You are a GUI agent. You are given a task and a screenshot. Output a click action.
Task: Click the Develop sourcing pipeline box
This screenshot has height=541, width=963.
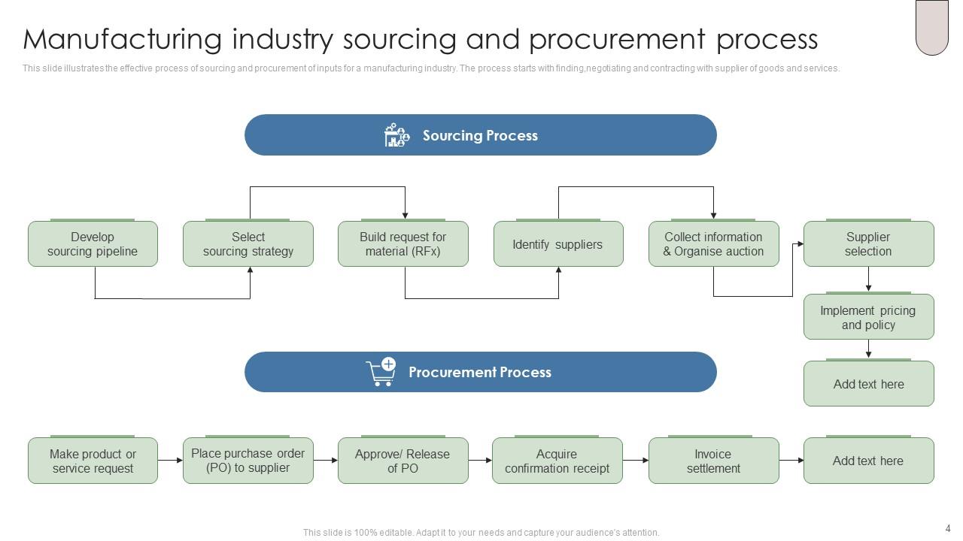coord(93,244)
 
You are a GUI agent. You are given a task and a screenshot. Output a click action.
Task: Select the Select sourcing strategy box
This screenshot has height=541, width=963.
coord(248,244)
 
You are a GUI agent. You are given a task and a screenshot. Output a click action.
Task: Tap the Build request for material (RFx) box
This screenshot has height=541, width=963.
coord(403,244)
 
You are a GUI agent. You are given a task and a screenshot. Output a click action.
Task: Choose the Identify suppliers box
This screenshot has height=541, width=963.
coord(557,244)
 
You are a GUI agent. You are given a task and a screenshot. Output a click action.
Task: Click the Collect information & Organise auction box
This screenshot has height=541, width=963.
coord(713,244)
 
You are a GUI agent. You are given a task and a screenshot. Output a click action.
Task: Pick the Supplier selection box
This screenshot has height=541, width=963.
coord(868,244)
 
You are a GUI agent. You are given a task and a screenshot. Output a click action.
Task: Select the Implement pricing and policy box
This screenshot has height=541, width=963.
coord(868,317)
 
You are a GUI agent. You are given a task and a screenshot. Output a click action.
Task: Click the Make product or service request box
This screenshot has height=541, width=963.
coord(93,461)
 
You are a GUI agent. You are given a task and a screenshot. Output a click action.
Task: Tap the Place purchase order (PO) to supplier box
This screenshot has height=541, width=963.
coord(248,461)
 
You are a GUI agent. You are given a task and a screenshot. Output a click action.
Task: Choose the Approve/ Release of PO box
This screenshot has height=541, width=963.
coord(403,461)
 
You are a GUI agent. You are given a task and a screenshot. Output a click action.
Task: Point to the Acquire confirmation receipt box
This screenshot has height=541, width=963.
coord(557,461)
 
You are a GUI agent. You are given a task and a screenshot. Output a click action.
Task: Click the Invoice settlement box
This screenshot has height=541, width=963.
coord(713,461)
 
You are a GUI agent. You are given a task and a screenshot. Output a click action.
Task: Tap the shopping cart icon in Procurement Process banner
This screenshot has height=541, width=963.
coord(381,372)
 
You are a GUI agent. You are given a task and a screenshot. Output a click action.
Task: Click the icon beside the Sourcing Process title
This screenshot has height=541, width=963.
coord(396,135)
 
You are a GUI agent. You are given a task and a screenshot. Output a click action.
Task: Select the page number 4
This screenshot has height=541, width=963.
coord(947,528)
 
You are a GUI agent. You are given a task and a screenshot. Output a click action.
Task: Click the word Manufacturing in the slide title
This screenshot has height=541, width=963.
coord(123,39)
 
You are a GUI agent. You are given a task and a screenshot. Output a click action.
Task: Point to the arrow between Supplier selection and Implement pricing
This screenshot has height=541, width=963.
coord(868,280)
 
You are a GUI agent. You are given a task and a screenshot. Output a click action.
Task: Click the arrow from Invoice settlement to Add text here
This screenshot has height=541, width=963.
coord(791,460)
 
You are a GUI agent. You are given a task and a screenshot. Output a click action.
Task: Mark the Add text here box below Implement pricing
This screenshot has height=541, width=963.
coord(868,384)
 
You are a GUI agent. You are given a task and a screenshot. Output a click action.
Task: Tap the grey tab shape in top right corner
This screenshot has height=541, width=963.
coord(931,27)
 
